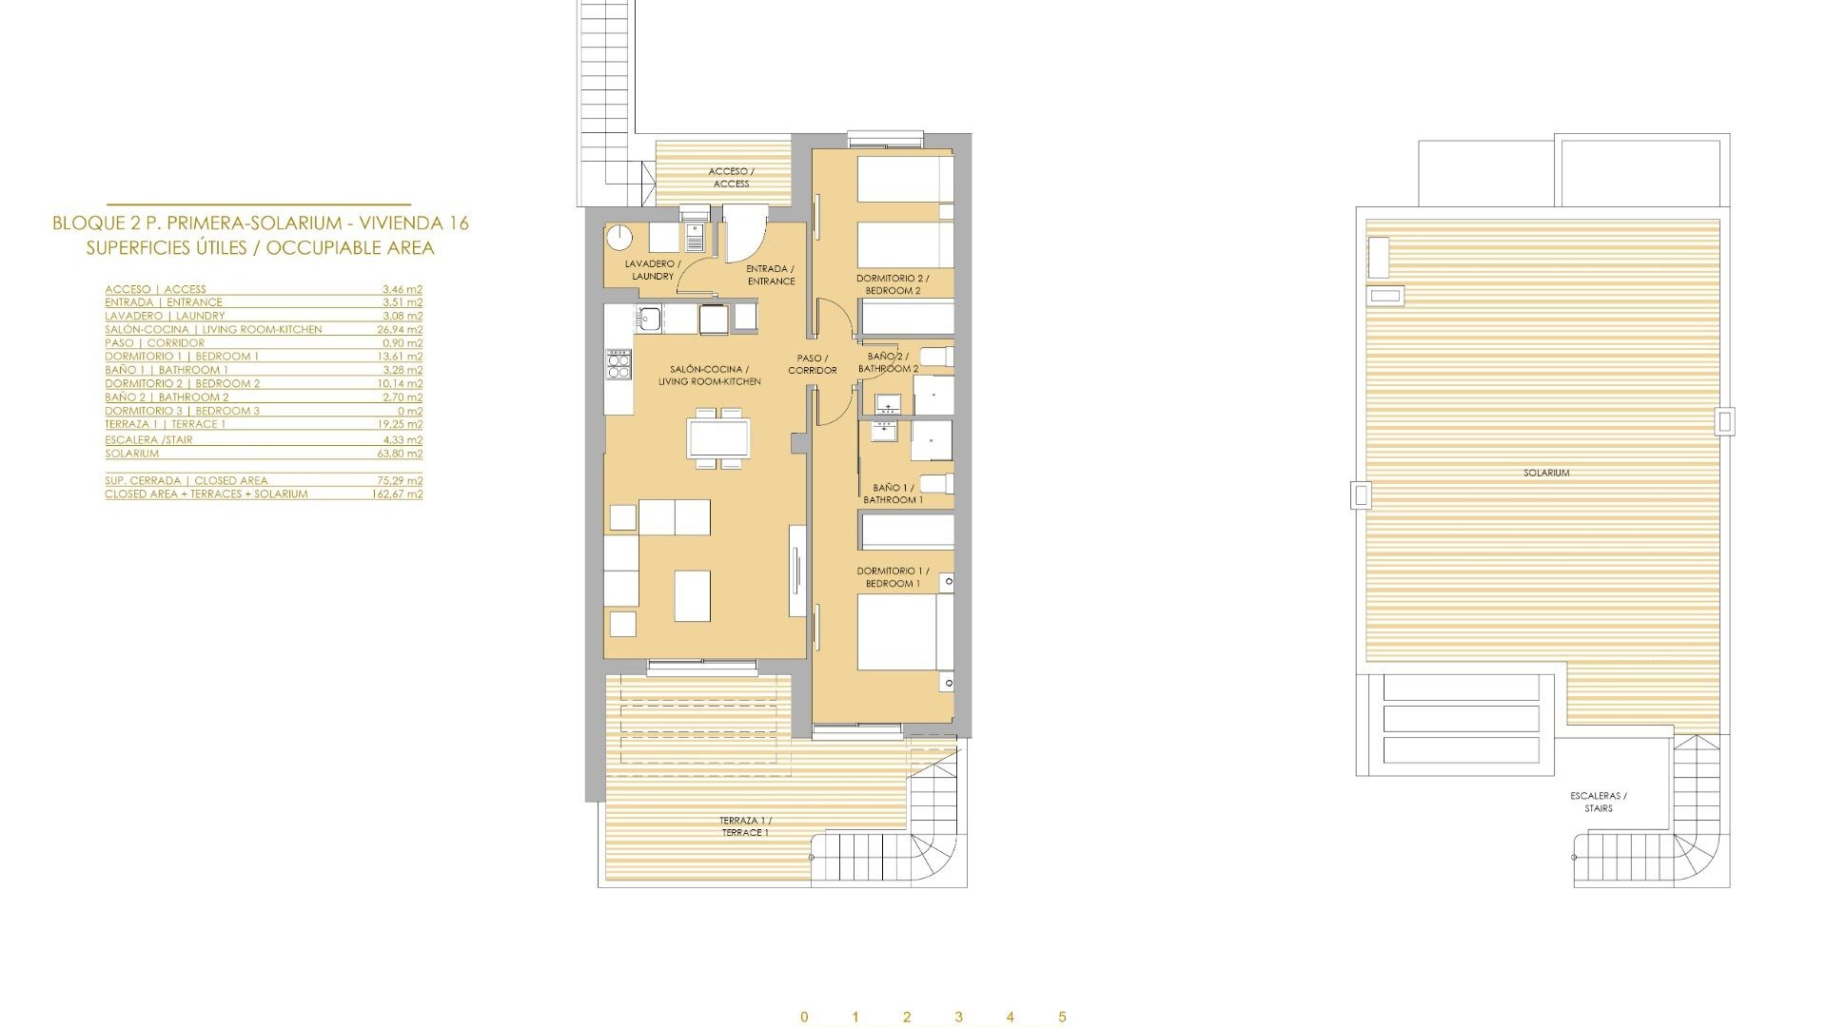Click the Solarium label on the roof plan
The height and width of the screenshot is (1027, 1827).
(1545, 473)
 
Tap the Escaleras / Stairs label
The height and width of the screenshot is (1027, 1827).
(1598, 803)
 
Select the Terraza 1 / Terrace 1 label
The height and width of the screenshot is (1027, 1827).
(745, 826)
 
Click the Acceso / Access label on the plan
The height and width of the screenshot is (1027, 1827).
(731, 178)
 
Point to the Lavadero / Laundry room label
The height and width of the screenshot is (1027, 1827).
(653, 270)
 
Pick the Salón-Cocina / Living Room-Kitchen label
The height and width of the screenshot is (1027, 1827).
(709, 376)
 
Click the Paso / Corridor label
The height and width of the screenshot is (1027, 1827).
(813, 364)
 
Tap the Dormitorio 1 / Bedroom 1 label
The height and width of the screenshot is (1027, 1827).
(893, 577)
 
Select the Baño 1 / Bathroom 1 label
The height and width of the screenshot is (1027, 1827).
(893, 494)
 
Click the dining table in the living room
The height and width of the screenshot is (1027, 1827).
(718, 438)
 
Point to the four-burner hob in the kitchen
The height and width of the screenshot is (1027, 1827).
(619, 364)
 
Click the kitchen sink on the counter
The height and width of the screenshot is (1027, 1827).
(651, 319)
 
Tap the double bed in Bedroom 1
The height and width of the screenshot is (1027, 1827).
(904, 632)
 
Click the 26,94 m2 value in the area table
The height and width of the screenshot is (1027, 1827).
(400, 330)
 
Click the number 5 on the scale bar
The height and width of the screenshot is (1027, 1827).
(1062, 1017)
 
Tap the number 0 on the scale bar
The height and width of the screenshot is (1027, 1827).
(804, 1017)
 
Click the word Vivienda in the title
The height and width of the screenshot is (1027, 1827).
(401, 223)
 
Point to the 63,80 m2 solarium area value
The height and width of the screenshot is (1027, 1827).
(400, 455)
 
